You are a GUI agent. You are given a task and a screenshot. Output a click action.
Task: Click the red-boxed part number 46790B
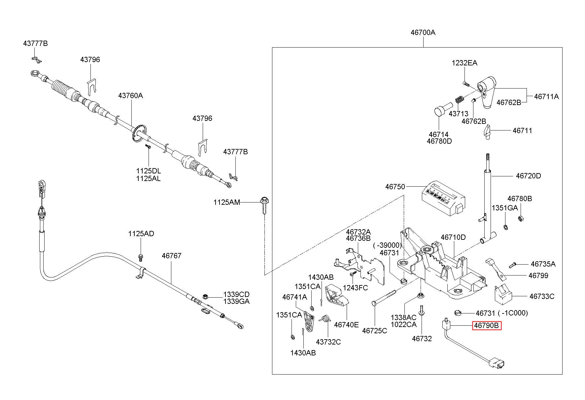click(x=487, y=326)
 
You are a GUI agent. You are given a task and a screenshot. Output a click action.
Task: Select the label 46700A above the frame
click(x=423, y=32)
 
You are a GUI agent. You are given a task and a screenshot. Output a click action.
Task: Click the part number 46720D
click(x=529, y=176)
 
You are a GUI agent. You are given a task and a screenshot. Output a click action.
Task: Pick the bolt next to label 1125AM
click(x=264, y=206)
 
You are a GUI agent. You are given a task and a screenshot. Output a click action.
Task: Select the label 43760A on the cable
click(x=131, y=95)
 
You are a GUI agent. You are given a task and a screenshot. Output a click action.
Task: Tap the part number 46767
click(x=172, y=256)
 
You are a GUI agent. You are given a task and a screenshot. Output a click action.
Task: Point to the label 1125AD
click(x=141, y=234)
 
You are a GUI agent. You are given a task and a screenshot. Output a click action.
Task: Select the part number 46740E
click(x=346, y=325)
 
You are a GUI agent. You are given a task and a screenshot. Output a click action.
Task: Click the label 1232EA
click(x=465, y=63)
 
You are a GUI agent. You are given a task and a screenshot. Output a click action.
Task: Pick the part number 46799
click(x=538, y=275)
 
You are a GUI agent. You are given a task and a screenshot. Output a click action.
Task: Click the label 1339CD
click(x=236, y=294)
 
